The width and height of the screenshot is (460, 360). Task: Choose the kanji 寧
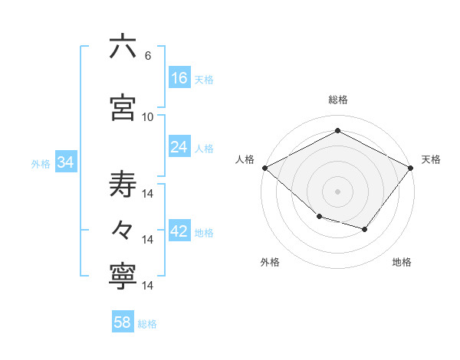point(123,277)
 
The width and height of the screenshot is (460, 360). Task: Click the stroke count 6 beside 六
point(147,56)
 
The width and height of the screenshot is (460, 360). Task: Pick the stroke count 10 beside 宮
point(148,117)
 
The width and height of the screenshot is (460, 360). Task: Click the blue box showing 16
point(179,77)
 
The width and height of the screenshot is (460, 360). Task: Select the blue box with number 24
point(179,147)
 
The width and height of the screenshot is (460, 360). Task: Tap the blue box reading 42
point(179,231)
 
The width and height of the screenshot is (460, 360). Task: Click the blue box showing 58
point(123,322)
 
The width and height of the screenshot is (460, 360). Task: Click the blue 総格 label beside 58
point(147,324)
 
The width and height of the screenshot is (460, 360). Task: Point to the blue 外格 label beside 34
point(41,164)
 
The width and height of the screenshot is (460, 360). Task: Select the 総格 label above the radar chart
point(337,100)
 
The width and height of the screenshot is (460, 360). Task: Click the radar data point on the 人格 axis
point(264,168)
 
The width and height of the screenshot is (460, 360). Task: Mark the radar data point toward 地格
point(365,229)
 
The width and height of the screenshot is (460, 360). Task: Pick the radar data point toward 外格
point(319,217)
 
